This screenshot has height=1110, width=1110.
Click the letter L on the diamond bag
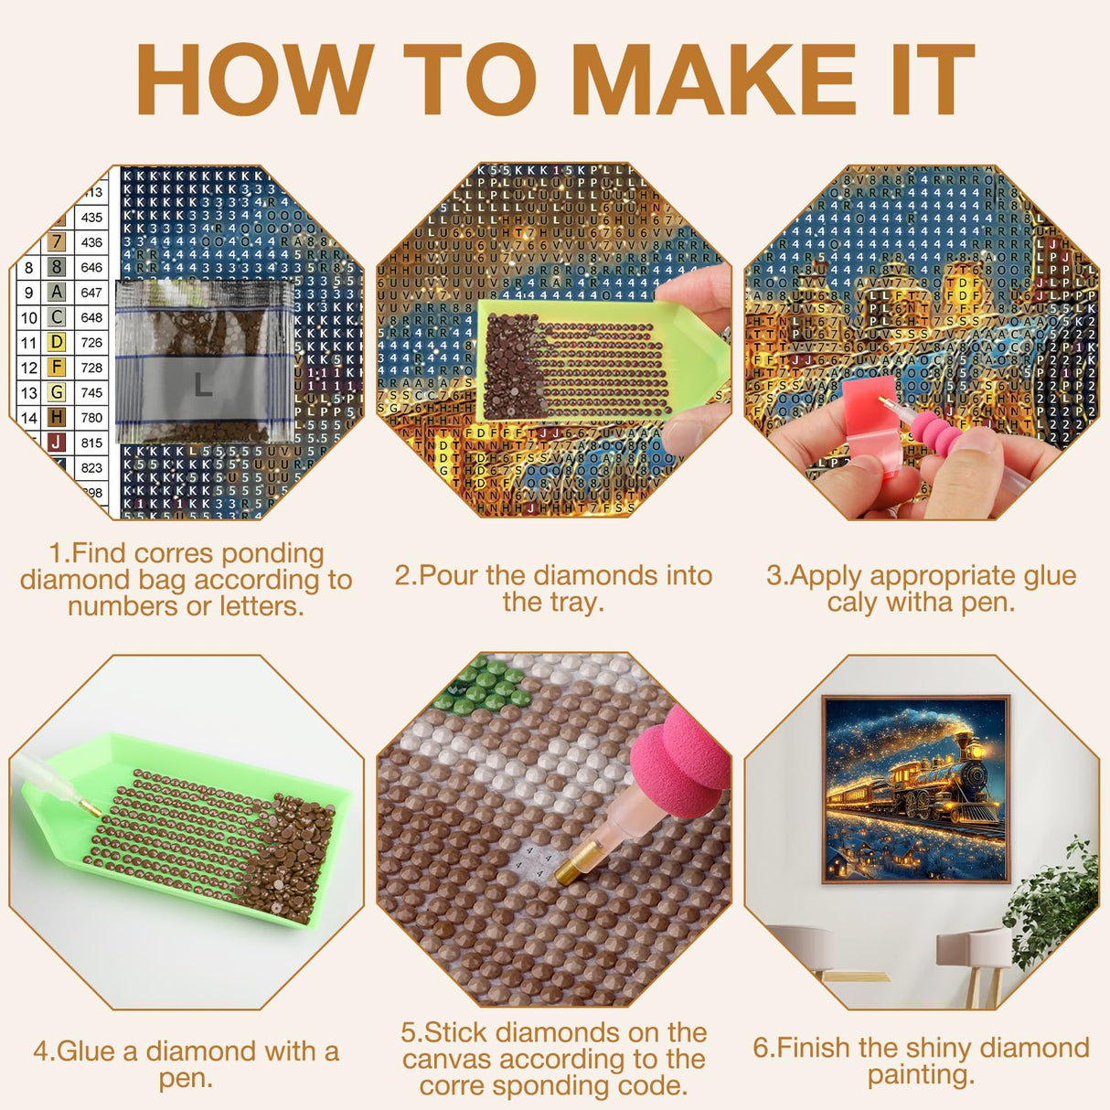[203, 385]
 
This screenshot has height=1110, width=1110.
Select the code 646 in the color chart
[91, 268]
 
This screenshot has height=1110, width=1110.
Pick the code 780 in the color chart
[91, 418]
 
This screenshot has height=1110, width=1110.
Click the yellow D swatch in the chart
[57, 342]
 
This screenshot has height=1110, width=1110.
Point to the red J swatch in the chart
[57, 443]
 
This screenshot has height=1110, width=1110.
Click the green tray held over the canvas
[585, 361]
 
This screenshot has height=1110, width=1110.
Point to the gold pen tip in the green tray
[89, 806]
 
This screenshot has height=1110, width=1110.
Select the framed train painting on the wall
[916, 789]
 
